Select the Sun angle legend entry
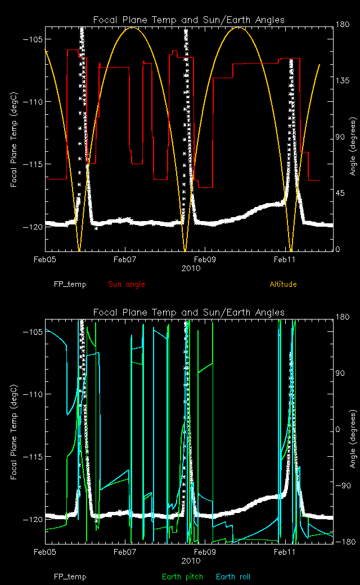[126, 284]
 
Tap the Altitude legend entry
[283, 284]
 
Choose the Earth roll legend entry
[233, 577]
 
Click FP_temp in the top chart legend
[70, 284]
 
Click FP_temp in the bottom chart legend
[70, 577]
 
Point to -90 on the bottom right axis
[343, 486]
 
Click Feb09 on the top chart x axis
[205, 260]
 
